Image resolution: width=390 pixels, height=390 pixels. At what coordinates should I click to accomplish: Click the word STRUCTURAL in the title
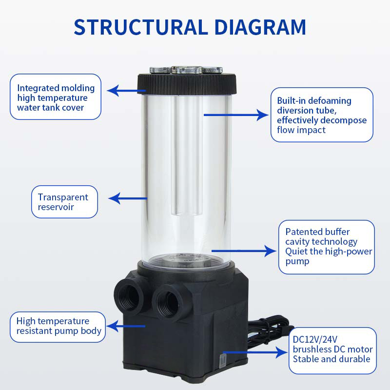pos(141,27)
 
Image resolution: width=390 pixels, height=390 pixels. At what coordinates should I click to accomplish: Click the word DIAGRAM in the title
pos(260,27)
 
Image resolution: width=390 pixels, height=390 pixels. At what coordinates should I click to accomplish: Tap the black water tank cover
pos(187,84)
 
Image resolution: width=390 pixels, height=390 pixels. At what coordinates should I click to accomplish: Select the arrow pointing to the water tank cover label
pos(126,91)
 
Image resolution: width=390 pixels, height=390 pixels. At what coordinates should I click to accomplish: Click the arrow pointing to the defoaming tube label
pos(236,115)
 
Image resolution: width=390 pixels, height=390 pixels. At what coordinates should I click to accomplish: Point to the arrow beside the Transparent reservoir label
pos(128,198)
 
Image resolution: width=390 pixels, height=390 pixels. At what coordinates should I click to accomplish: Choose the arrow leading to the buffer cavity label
pos(244,251)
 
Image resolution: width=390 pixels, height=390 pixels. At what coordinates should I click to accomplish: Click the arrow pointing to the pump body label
pos(126,326)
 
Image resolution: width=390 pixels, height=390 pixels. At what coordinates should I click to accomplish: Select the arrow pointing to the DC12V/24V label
pos(255,352)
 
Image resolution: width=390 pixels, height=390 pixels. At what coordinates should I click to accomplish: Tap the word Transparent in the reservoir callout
pos(63,197)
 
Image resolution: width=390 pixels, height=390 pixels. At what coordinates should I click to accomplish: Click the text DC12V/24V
pos(315,339)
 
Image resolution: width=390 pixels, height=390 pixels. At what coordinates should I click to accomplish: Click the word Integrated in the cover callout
pos(38,88)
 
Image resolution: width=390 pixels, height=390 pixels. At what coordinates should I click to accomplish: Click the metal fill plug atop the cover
pos(186,70)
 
